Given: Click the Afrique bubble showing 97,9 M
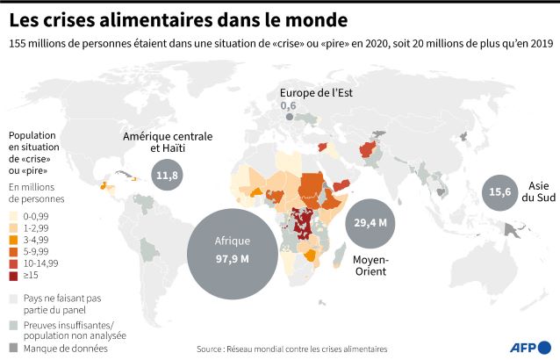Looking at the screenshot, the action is (x=233, y=254).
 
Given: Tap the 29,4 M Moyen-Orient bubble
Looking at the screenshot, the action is (x=370, y=224).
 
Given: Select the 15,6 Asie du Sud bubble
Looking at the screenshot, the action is (x=499, y=192).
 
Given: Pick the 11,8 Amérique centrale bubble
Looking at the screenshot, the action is (x=167, y=175).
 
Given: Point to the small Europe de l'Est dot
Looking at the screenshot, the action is (x=290, y=117).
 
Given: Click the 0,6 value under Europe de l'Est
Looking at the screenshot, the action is (x=288, y=105).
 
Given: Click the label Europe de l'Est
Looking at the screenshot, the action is (x=316, y=93).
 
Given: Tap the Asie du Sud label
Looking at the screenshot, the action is (x=539, y=191).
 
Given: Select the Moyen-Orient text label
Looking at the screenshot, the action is (x=370, y=265).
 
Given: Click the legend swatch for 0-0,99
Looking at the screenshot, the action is (x=13, y=216).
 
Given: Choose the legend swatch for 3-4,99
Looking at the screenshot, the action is (x=13, y=240).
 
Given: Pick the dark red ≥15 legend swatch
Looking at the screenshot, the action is (x=13, y=276).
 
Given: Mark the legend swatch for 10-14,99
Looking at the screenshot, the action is (x=13, y=263).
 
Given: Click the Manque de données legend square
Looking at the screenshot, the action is (x=13, y=348).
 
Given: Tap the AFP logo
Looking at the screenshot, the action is (x=530, y=348).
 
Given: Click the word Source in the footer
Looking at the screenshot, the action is (x=209, y=349).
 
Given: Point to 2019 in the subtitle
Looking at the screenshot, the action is (x=542, y=44).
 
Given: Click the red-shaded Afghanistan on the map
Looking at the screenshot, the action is (x=368, y=149).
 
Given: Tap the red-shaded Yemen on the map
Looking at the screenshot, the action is (x=341, y=185).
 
